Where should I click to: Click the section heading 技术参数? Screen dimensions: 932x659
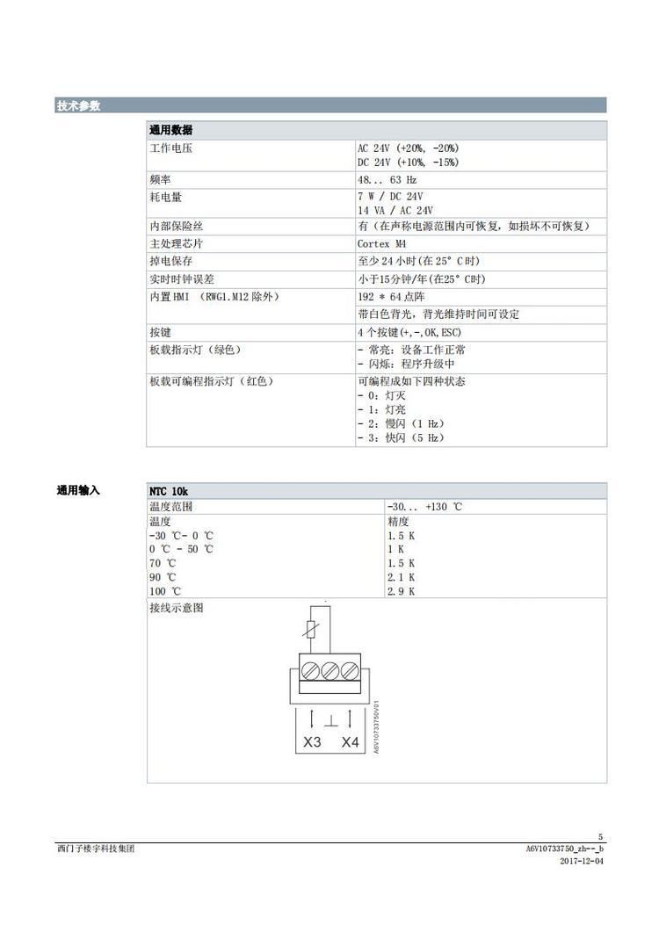coord(78,106)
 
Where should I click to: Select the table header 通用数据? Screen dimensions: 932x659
coord(171,130)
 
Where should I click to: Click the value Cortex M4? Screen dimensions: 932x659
coord(382,243)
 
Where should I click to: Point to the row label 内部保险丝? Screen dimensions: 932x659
coord(176,226)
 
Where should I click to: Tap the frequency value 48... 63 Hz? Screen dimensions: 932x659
coord(387,179)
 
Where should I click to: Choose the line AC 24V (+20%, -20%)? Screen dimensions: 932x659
coord(408,148)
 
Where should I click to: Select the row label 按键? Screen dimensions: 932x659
coord(160,333)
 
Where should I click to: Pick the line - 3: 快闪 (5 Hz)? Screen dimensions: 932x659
coord(401,437)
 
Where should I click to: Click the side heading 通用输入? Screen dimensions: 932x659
coord(78,490)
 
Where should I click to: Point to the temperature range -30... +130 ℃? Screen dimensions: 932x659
coord(424,507)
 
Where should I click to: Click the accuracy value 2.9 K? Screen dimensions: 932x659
coord(401,591)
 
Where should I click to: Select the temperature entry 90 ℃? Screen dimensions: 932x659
coord(163,577)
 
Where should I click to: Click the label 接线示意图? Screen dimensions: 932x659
coord(176,608)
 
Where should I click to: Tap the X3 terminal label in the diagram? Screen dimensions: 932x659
coord(312,742)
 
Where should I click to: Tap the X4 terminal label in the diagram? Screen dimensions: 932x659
coord(351,742)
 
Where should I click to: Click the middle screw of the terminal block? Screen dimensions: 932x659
coord(330,670)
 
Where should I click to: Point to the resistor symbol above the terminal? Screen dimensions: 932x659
coord(311,630)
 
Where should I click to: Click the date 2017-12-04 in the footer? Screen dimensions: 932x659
coord(582,862)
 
